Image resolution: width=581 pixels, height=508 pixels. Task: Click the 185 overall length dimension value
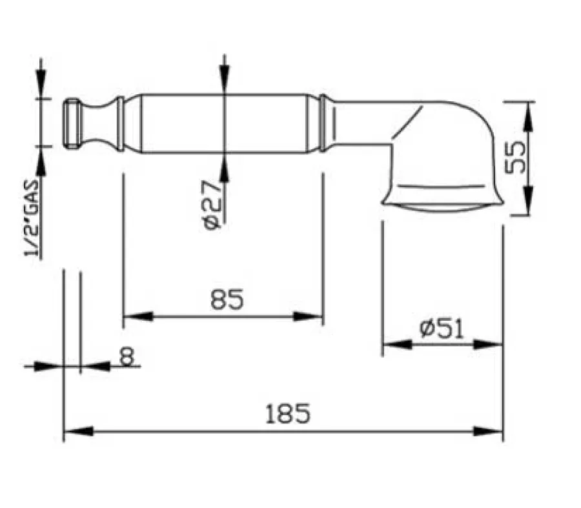point(288,414)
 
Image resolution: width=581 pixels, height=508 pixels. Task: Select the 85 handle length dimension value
point(227,300)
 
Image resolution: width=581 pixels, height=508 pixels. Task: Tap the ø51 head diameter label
point(442,328)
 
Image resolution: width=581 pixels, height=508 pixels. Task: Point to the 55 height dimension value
point(515,157)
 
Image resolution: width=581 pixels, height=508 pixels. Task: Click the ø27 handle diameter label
point(212,205)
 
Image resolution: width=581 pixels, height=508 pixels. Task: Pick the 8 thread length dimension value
point(127,357)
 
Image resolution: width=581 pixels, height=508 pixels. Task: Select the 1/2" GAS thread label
point(31,218)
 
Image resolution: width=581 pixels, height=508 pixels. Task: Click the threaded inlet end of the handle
point(72,123)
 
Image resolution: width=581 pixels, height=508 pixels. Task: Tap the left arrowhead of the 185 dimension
point(78,431)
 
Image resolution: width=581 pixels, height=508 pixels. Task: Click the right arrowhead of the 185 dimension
point(489,431)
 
